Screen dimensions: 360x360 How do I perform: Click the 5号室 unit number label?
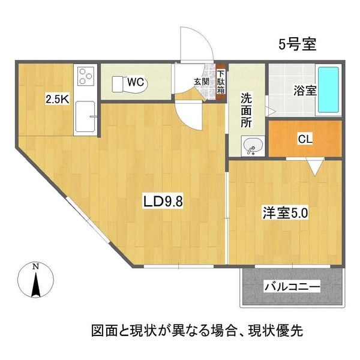pos(298,43)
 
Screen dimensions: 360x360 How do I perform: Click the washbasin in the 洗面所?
pos(252,145)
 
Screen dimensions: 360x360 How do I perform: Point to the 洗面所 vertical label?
pos(247,109)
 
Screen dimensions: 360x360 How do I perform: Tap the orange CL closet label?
pos(305,139)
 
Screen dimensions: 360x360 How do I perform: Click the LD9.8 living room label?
pos(162,202)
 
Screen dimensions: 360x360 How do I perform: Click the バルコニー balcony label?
pos(292,287)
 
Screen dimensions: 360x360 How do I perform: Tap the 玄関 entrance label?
pos(201,82)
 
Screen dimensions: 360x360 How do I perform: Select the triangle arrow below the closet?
pos(314,166)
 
